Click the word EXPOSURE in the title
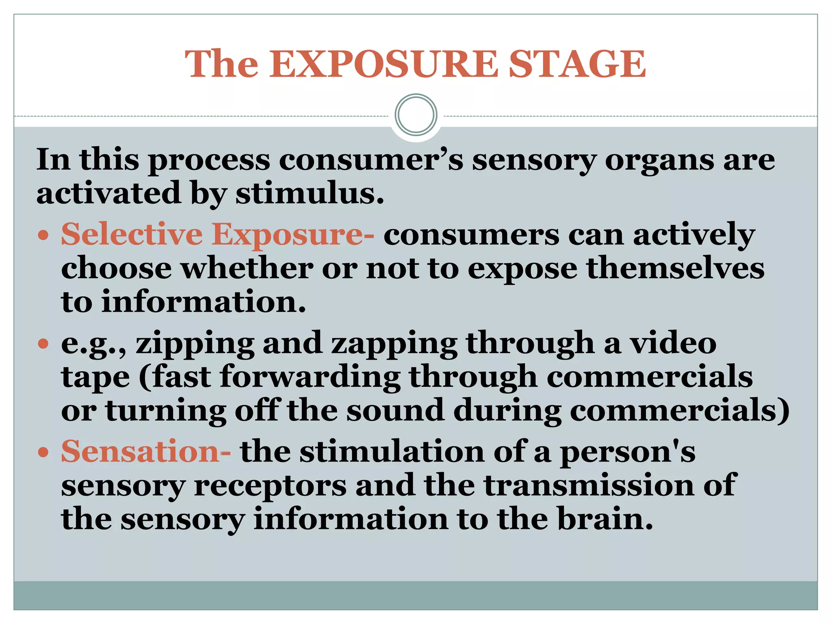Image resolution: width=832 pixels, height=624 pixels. coord(383,64)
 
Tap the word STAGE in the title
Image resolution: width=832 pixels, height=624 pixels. coord(577,64)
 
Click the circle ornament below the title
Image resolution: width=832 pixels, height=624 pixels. coord(416,115)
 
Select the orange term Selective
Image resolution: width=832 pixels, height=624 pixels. coord(132,234)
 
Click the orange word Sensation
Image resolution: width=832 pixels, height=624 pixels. coord(140,452)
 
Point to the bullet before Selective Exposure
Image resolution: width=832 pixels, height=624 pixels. coord(43,236)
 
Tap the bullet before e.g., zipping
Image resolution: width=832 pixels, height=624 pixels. coord(43,344)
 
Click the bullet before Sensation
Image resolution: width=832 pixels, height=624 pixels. coord(43,453)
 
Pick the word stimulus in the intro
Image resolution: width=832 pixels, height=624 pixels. coord(310,193)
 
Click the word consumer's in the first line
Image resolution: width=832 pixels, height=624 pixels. coord(370,160)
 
